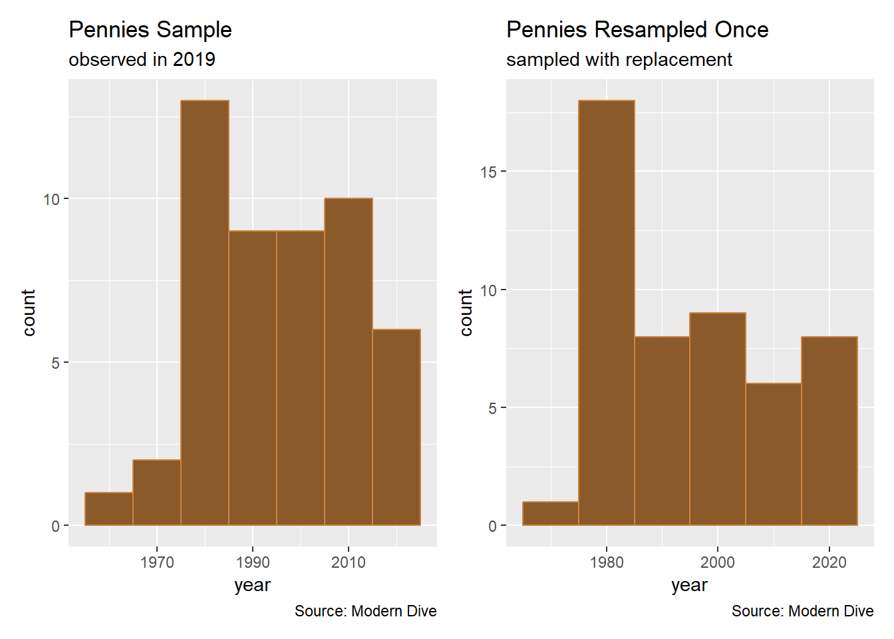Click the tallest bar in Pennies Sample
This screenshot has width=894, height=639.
(x=205, y=313)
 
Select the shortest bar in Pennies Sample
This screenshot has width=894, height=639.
(x=109, y=509)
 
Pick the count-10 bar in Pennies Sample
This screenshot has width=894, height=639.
(x=349, y=362)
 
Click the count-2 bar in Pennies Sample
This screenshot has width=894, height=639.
(x=157, y=493)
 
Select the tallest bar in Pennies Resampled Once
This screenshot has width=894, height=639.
(x=607, y=313)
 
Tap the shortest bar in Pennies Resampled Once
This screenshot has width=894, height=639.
(x=551, y=514)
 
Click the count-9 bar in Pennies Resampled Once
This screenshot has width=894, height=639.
(x=718, y=419)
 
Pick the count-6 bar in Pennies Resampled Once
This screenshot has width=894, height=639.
(x=774, y=455)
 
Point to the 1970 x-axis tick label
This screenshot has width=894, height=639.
(x=157, y=562)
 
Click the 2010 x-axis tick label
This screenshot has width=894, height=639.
(x=349, y=562)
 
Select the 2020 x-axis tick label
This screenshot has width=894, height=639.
(x=829, y=562)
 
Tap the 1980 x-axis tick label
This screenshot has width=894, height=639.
(x=607, y=562)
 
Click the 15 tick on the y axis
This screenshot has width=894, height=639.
(x=488, y=172)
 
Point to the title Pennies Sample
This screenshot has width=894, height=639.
(x=150, y=30)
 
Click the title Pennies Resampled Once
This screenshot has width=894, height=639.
(x=637, y=30)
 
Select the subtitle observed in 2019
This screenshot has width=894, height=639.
(x=142, y=59)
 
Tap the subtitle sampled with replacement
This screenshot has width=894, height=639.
(x=619, y=59)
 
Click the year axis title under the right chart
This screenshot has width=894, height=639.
(x=689, y=585)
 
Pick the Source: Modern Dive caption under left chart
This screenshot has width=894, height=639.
(x=365, y=611)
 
